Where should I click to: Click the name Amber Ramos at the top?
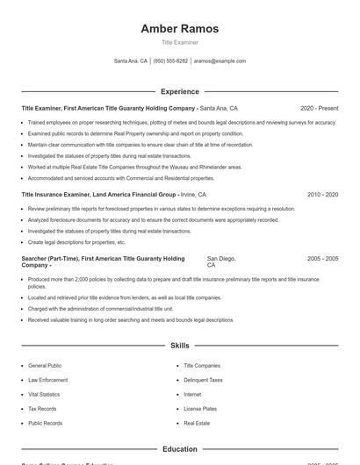179,29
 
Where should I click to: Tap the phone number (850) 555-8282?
170,61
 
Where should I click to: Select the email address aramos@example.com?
220,61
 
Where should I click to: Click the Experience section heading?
179,91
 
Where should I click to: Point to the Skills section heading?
179,346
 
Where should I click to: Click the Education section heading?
179,449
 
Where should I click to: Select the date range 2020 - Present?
319,108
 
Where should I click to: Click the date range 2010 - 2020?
322,194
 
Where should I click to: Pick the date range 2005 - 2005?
322,259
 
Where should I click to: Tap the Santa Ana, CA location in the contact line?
131,61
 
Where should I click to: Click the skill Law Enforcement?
47,380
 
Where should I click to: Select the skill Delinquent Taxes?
203,380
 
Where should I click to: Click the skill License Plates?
199,409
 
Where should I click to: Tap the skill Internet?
192,394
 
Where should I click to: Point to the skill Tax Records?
42,409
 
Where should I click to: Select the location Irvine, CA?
193,194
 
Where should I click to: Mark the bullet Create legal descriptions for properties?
76,241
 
